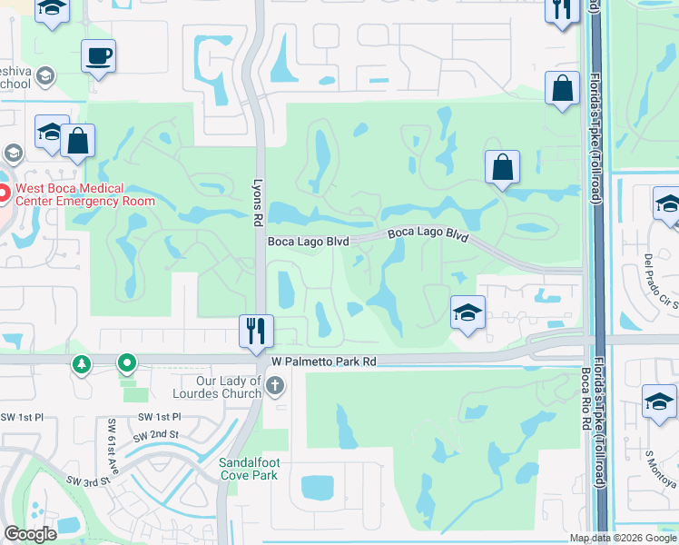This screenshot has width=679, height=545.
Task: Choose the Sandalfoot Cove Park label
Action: tap(248, 469)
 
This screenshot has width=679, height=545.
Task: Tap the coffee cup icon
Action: tap(99, 56)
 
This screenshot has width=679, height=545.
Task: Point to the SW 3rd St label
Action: tap(87, 481)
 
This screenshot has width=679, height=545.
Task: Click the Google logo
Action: tap(30, 534)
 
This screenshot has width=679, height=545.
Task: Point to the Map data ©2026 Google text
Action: tap(622, 538)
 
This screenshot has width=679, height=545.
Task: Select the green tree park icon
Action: tap(83, 364)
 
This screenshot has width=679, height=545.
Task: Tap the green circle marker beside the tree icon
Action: tap(127, 364)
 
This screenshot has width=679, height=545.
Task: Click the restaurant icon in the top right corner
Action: tap(562, 9)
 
